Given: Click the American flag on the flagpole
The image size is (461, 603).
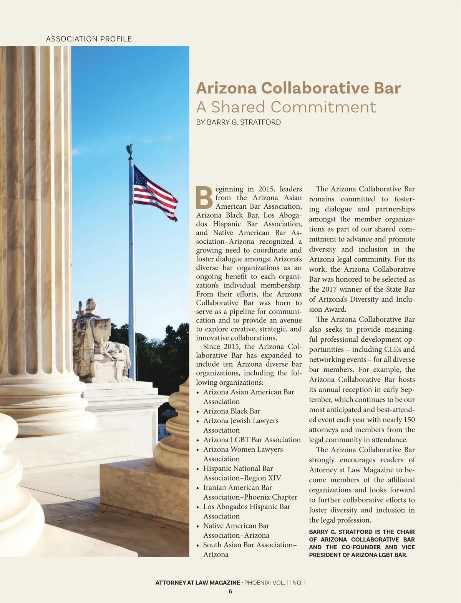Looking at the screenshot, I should tap(155, 193).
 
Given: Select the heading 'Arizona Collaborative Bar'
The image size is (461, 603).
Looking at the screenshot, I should tap(298, 88).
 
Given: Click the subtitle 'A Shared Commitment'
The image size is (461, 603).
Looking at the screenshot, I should tap(286, 107).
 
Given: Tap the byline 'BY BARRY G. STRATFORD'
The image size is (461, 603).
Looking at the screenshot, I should tap(238, 122).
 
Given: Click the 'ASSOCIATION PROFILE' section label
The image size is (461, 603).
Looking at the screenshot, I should tap(89, 39).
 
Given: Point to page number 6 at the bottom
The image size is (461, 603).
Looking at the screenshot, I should tap(230, 591).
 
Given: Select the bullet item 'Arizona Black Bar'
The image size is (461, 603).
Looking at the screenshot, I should tap(232, 411).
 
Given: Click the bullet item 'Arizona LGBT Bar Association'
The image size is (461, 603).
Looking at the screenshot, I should tap(252, 440).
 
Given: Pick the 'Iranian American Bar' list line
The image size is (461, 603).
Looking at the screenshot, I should tap(237, 488).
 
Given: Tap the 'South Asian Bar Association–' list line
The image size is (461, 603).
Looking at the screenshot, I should tap(250, 545).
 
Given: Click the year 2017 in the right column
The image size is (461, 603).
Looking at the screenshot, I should tap(329, 289).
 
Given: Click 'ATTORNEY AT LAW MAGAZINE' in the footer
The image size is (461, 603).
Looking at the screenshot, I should tap(197, 583).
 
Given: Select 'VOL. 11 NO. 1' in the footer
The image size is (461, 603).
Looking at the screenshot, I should tap(289, 583).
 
